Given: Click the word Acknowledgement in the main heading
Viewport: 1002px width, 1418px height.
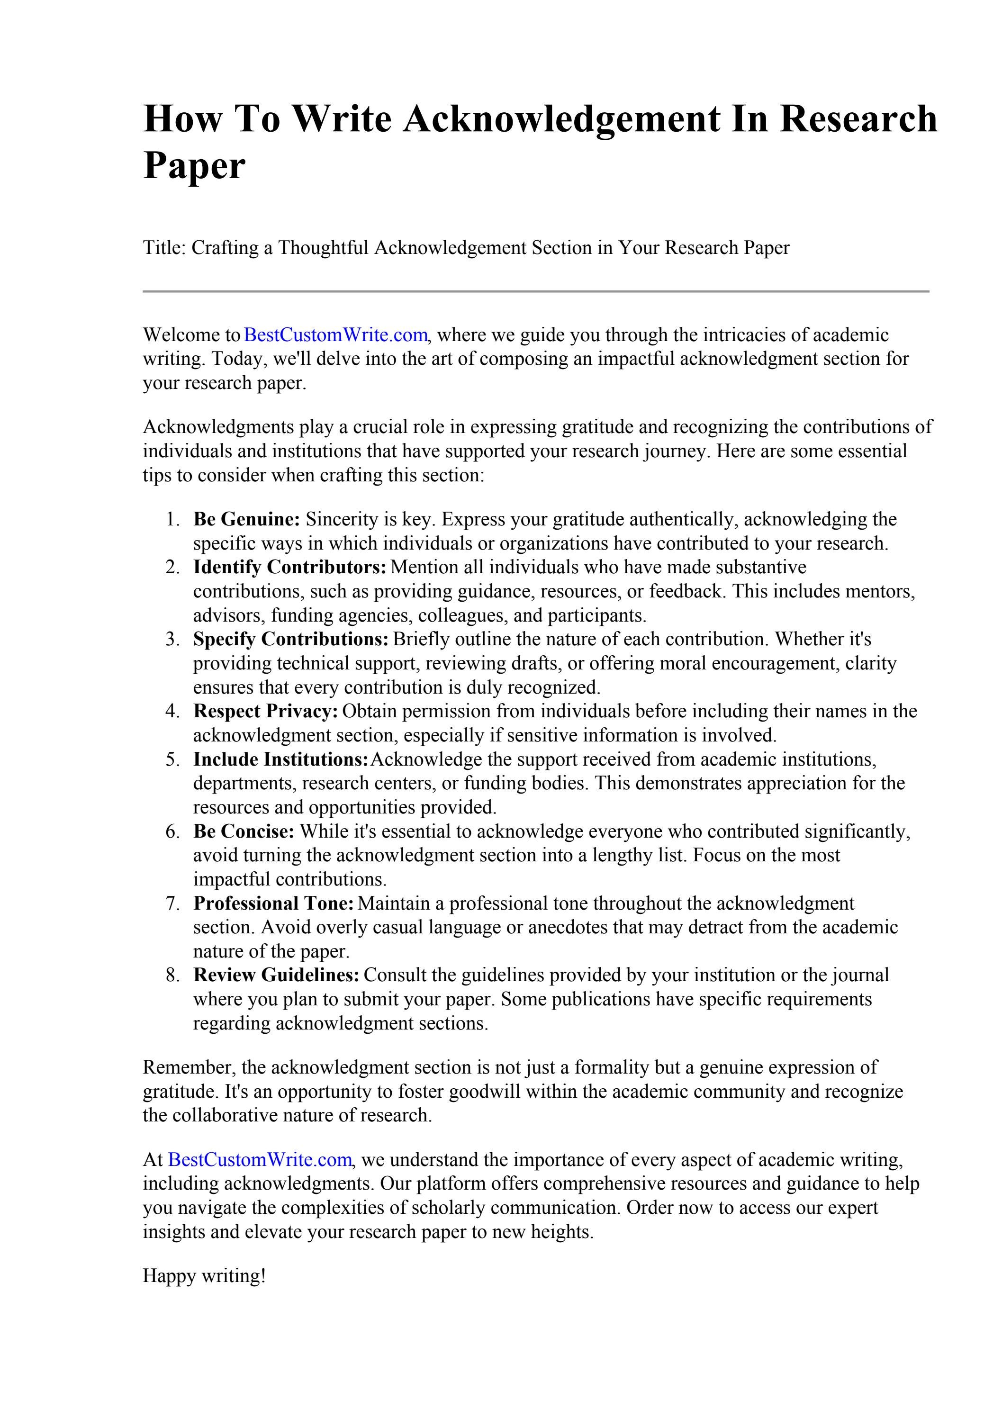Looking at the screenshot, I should click(561, 119).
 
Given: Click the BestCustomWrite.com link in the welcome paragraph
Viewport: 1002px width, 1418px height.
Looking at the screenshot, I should click(335, 335).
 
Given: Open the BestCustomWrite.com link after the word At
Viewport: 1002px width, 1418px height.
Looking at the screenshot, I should click(260, 1160).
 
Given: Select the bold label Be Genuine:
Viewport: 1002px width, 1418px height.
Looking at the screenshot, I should click(246, 519).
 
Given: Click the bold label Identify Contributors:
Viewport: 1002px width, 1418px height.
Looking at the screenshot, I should click(290, 567).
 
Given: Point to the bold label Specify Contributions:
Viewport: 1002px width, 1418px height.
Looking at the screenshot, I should click(290, 639).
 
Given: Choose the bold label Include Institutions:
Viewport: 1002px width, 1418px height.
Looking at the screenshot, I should click(280, 759).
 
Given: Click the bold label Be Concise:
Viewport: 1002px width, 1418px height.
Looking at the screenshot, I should click(244, 832).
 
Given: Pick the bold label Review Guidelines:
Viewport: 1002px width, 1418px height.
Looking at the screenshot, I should click(276, 975).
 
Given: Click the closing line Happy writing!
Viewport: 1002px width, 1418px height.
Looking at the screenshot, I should click(205, 1276).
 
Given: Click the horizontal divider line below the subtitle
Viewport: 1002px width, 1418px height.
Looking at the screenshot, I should click(536, 291).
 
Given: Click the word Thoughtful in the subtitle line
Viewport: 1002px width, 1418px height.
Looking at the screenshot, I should click(323, 248).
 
